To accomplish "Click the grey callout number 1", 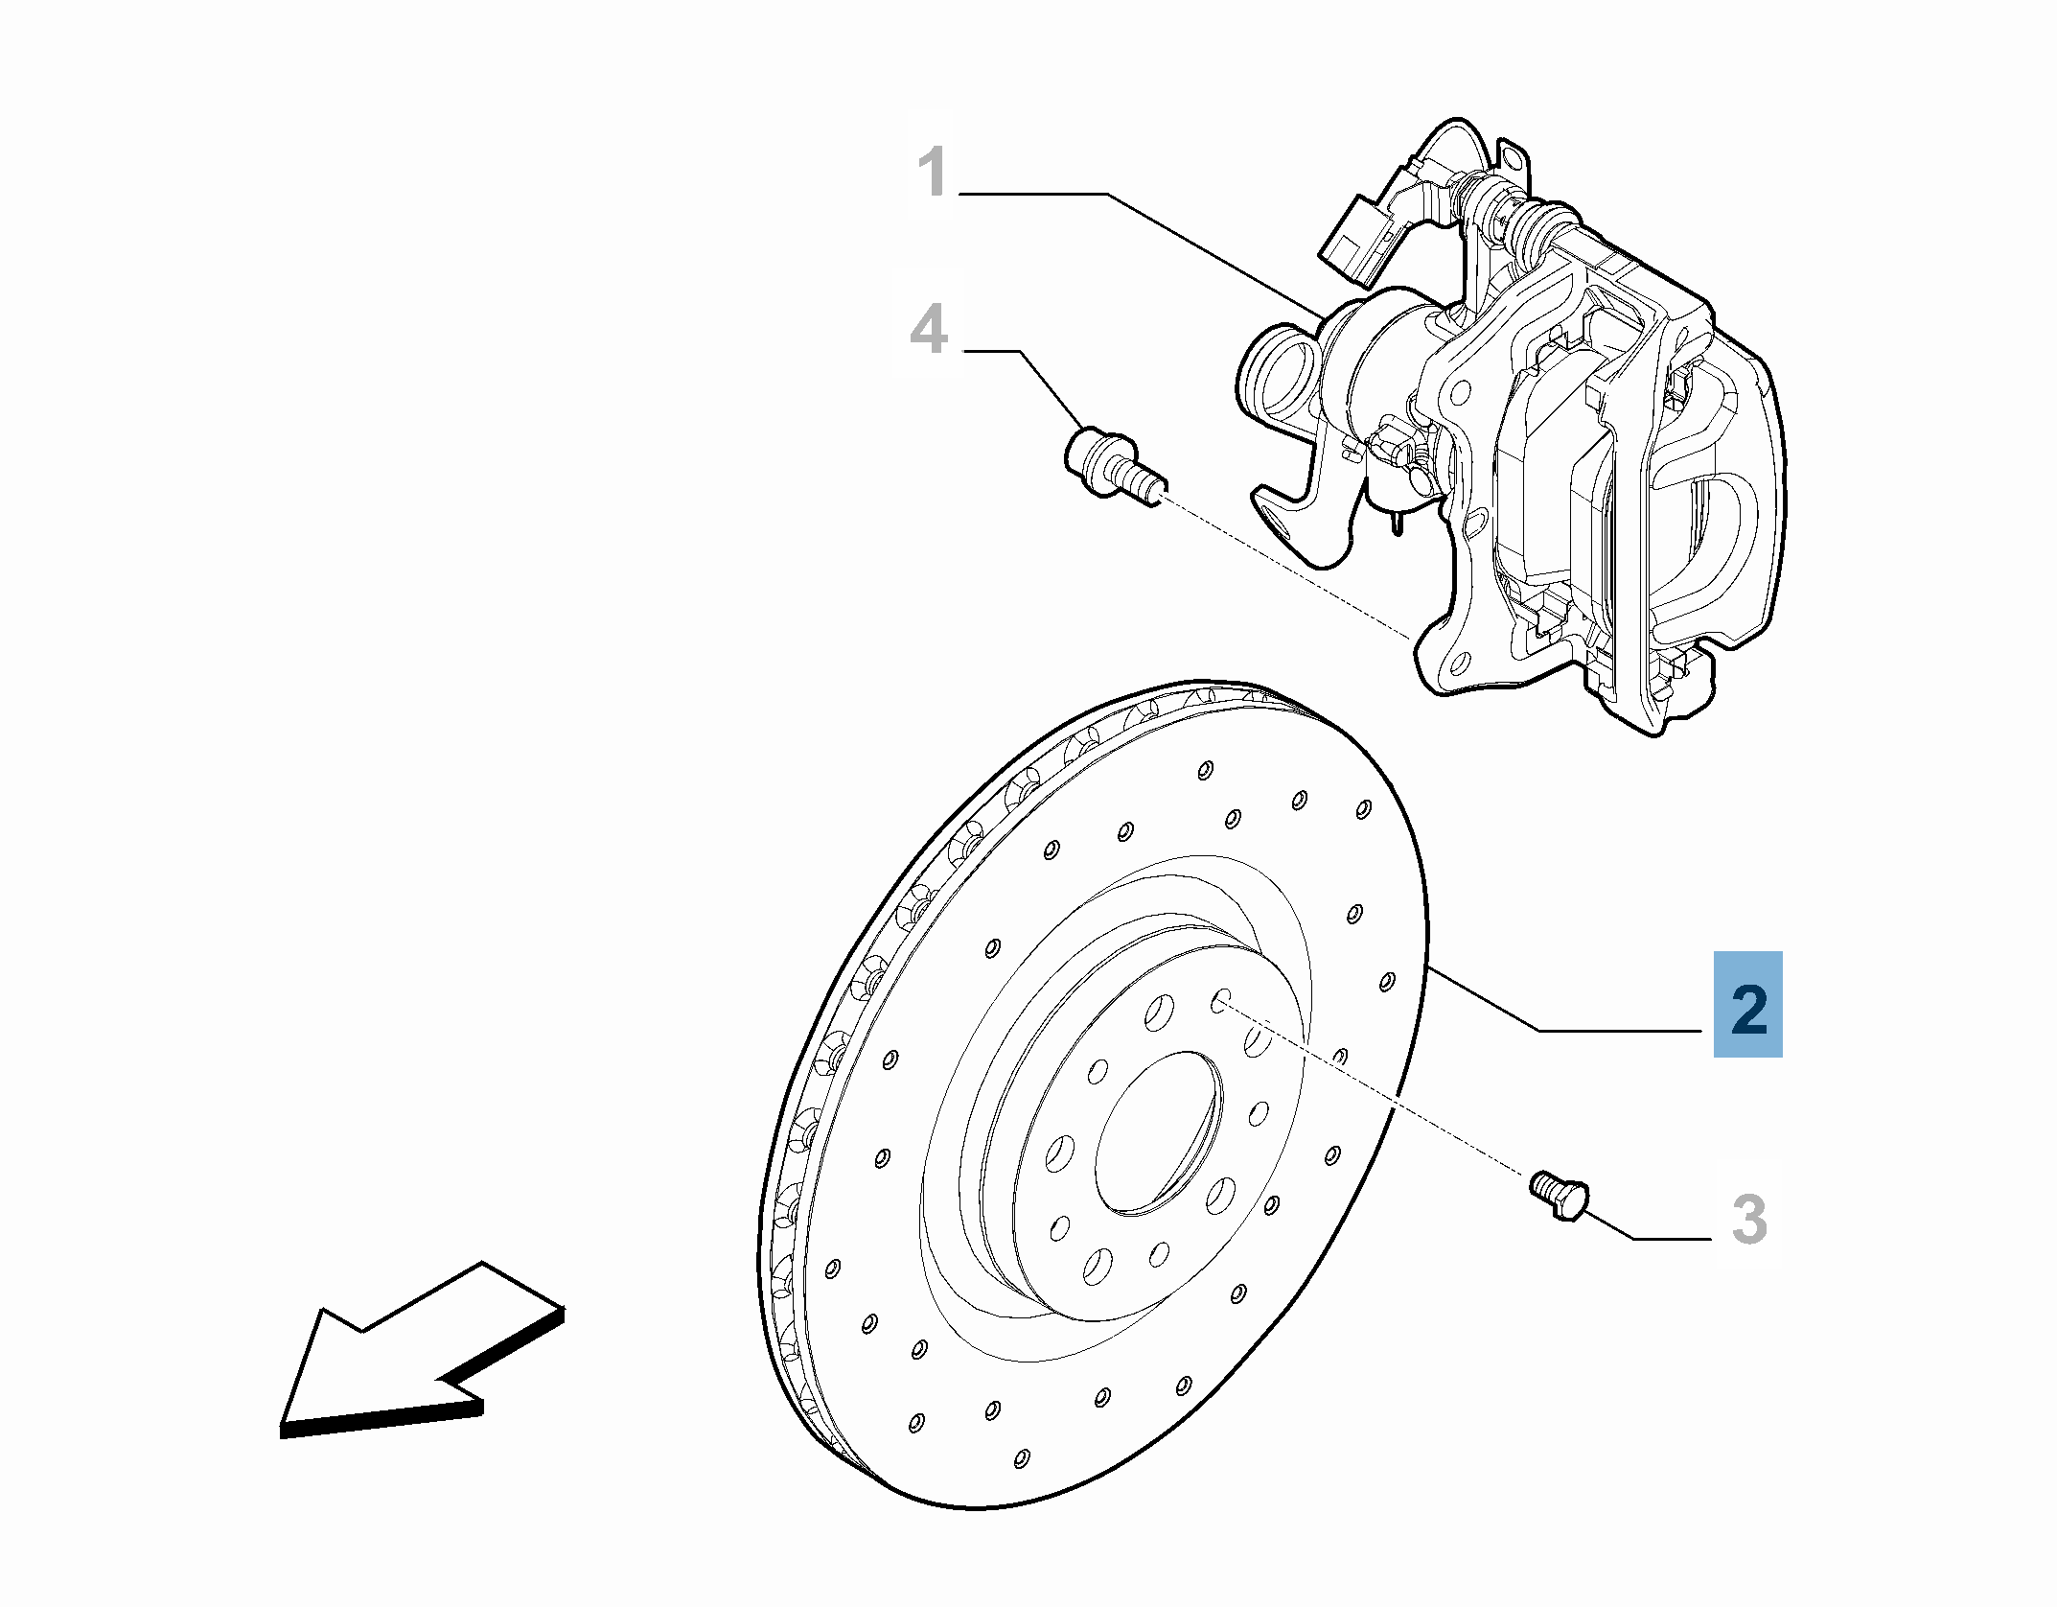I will click(932, 174).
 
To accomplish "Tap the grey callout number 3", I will click(1748, 1221).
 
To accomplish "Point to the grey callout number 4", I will click(928, 330).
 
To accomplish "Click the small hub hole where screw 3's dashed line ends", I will click(1220, 1001).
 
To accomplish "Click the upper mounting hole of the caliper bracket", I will click(1460, 391).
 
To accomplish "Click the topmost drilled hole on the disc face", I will click(1206, 769).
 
